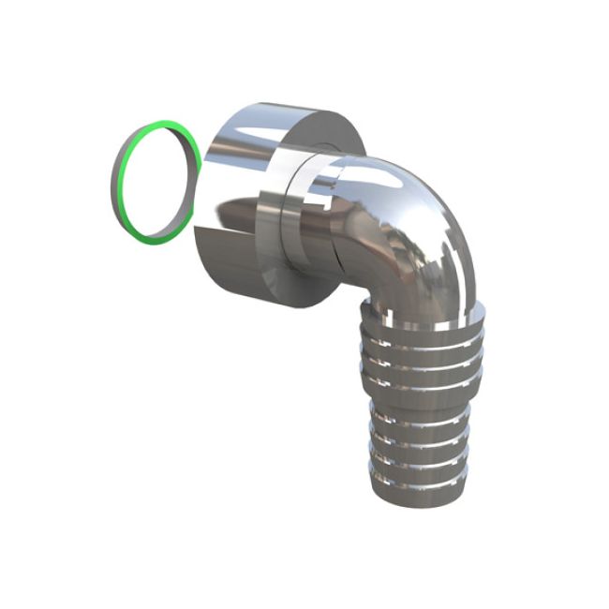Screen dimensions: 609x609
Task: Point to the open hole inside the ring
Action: (x=156, y=178)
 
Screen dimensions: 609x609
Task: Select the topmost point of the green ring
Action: (x=167, y=121)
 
